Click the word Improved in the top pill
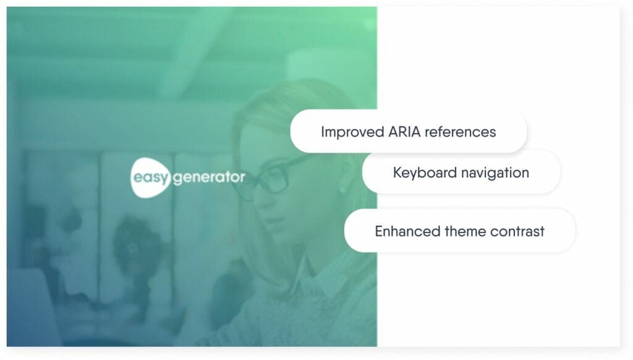(352, 132)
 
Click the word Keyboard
(425, 173)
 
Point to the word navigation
(495, 173)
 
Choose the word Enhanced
(407, 231)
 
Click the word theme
(465, 231)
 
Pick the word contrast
(517, 231)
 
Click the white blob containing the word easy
(149, 178)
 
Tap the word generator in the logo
(209, 178)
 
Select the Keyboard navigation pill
(461, 173)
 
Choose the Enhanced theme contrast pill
(459, 231)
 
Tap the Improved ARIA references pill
(409, 131)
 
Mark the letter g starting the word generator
(177, 179)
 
